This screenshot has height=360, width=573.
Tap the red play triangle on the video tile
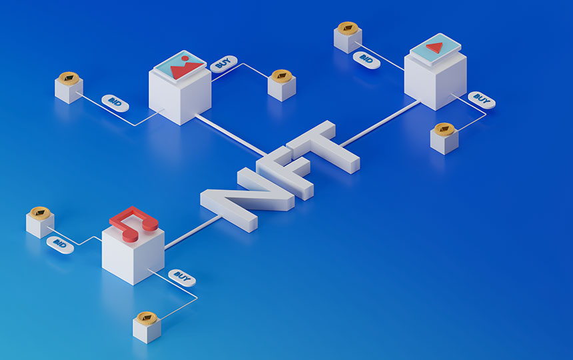click(435, 47)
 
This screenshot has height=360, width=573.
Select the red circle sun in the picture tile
click(185, 59)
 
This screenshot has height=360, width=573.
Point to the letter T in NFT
click(322, 146)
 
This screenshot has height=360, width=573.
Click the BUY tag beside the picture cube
click(224, 63)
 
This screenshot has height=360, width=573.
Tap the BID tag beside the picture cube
click(115, 103)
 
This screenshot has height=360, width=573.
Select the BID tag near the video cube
click(366, 60)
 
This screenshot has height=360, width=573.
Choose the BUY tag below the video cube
click(482, 100)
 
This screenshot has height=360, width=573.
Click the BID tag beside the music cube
click(60, 245)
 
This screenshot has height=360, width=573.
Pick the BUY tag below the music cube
click(182, 278)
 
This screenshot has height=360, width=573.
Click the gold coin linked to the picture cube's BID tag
click(69, 79)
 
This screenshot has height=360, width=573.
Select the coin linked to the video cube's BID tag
click(348, 28)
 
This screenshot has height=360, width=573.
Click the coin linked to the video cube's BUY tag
click(444, 129)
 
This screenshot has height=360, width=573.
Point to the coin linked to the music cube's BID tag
click(40, 213)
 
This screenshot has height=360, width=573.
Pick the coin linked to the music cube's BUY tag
click(147, 319)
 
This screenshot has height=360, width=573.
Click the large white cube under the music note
click(133, 255)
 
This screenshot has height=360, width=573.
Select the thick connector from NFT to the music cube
click(193, 232)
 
